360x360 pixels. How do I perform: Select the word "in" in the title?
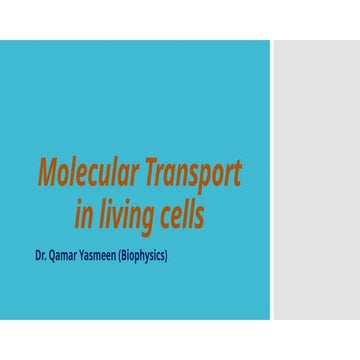[x=84, y=213]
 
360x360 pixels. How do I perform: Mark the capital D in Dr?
[x=38, y=256]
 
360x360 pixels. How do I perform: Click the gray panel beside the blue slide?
[x=316, y=180]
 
